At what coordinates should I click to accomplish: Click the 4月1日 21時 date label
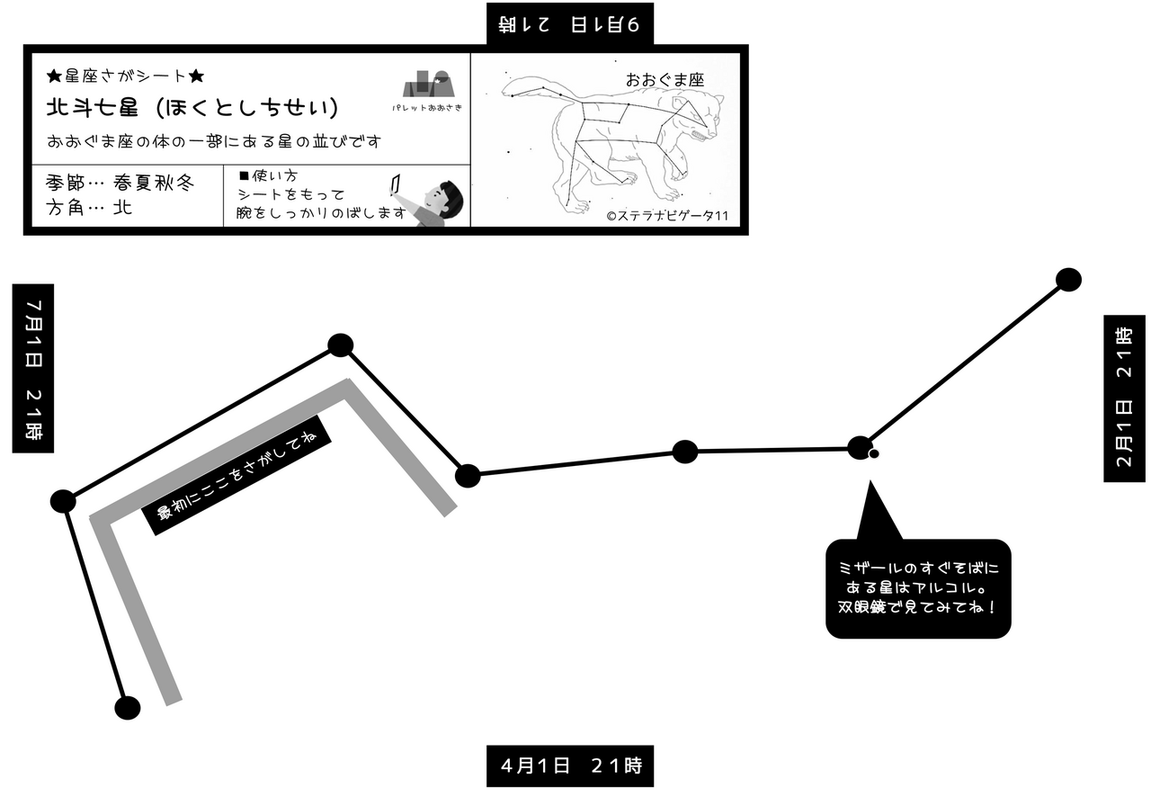[x=570, y=766]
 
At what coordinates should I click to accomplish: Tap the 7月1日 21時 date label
[x=33, y=369]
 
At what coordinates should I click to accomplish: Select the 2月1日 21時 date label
[x=1124, y=398]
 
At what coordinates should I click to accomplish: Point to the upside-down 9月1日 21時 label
[x=570, y=23]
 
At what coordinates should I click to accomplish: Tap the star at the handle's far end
[x=1067, y=280]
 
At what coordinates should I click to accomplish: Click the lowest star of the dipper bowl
[x=128, y=708]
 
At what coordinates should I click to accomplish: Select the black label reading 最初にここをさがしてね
[x=237, y=475]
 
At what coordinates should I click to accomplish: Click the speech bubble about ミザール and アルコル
[x=917, y=588]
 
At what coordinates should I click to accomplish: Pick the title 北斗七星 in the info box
[x=90, y=108]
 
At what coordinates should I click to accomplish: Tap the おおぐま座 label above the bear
[x=665, y=79]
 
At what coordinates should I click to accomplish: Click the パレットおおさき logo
[x=427, y=90]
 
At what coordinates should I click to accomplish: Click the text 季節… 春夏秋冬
[x=120, y=183]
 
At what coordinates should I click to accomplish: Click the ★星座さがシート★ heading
[x=126, y=76]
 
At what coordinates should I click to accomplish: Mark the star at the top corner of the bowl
[x=341, y=345]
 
